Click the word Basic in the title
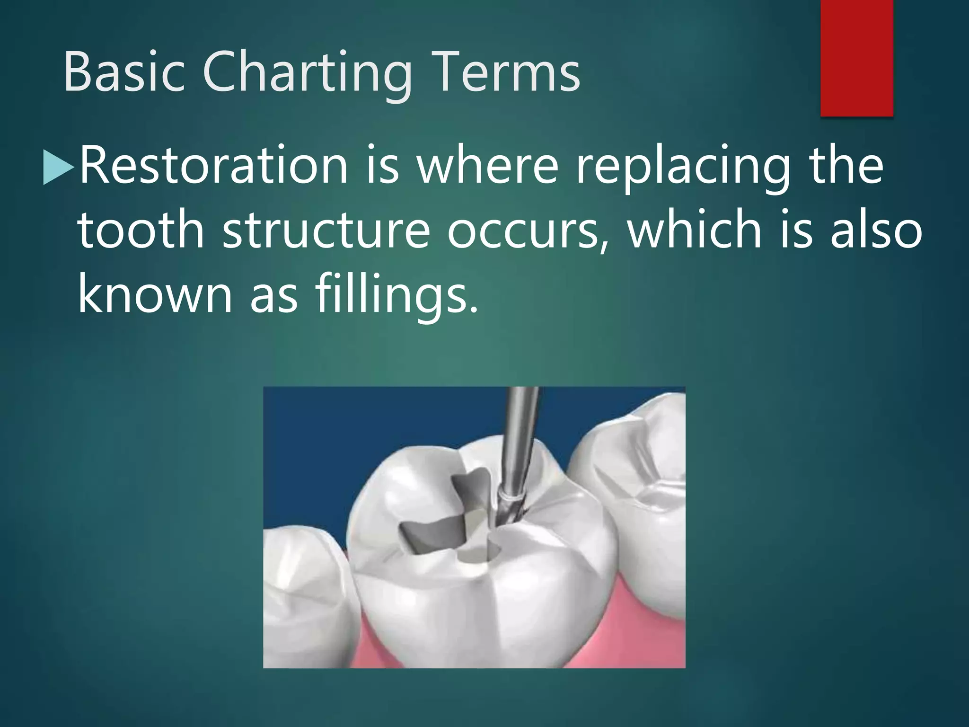(124, 72)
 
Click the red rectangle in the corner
(856, 58)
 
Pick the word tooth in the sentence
(141, 231)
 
